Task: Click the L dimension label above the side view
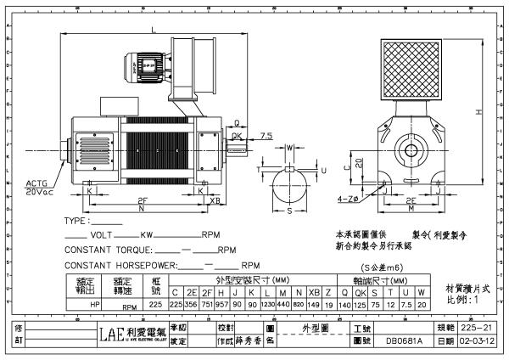(152, 31)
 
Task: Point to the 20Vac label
(39, 192)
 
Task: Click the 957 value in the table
(223, 303)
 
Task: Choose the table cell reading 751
(207, 303)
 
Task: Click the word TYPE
(77, 221)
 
